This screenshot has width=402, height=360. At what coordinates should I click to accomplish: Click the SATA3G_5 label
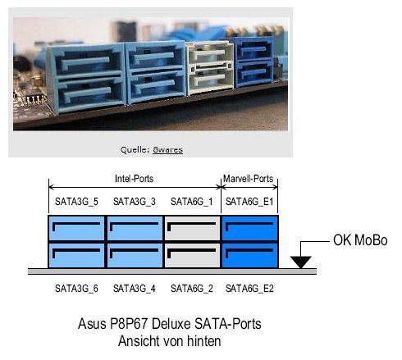pyautogui.click(x=76, y=202)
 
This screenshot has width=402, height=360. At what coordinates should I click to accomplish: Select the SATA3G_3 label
pyautogui.click(x=135, y=202)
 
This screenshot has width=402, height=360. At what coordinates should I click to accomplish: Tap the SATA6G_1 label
pyautogui.click(x=192, y=202)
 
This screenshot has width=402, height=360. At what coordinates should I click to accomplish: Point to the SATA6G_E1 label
pyautogui.click(x=249, y=202)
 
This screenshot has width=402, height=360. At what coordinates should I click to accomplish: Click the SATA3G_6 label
pyautogui.click(x=76, y=289)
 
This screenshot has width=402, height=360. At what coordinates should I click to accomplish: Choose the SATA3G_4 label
pyautogui.click(x=135, y=289)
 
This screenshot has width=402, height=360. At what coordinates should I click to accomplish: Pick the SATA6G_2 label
pyautogui.click(x=192, y=289)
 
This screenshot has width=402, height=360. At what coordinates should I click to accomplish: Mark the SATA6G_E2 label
pyautogui.click(x=249, y=289)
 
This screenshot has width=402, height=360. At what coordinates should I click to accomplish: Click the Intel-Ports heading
pyautogui.click(x=134, y=179)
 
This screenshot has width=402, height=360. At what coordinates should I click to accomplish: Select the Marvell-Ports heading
pyautogui.click(x=249, y=179)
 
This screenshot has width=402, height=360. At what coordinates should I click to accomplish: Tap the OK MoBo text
pyautogui.click(x=360, y=240)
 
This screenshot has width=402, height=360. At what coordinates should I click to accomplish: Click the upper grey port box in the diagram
pyautogui.click(x=193, y=228)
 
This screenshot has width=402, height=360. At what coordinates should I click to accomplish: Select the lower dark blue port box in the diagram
pyautogui.click(x=250, y=255)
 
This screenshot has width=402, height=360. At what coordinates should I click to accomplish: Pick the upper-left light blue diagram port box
pyautogui.click(x=76, y=228)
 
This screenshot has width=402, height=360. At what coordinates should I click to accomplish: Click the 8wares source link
pyautogui.click(x=167, y=150)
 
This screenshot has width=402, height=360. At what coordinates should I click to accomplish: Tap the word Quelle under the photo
pyautogui.click(x=135, y=150)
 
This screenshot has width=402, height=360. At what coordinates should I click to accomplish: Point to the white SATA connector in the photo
pyautogui.click(x=210, y=68)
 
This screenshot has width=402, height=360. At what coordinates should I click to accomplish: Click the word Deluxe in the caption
pyautogui.click(x=171, y=324)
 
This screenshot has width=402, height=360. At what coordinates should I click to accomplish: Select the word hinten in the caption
pyautogui.click(x=203, y=341)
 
